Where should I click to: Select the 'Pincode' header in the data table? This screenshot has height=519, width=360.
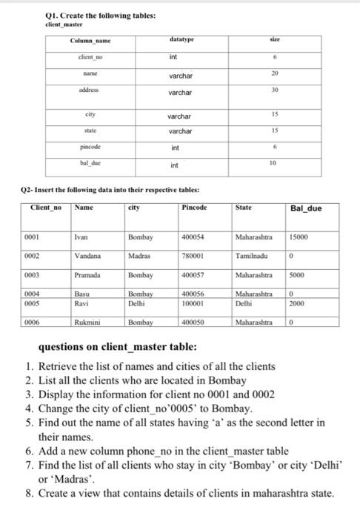pos(195,208)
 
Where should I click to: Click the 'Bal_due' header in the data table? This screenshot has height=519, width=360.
pos(307,208)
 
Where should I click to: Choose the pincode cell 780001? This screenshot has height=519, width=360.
pos(195,256)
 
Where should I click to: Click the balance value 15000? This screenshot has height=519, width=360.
pos(298,238)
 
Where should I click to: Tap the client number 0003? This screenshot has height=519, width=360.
pos(33,274)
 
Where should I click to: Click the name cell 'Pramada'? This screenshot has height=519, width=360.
pos(88,274)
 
